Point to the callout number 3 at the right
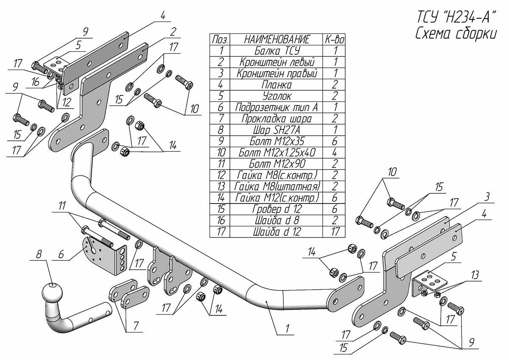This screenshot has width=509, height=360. pos(488,197)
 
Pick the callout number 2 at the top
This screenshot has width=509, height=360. pos(173,31)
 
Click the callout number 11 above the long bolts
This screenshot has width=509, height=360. pos(63,207)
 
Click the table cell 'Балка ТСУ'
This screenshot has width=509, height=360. pos(276,51)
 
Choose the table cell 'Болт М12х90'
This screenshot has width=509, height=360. pos(276,164)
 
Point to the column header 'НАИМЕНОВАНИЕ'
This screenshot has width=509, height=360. pos(276,39)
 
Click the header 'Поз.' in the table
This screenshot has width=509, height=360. pos(220,39)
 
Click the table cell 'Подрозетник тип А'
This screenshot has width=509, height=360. pos(276,107)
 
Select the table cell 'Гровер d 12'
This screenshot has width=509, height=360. pos(276,209)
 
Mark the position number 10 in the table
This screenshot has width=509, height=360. pos(220,152)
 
